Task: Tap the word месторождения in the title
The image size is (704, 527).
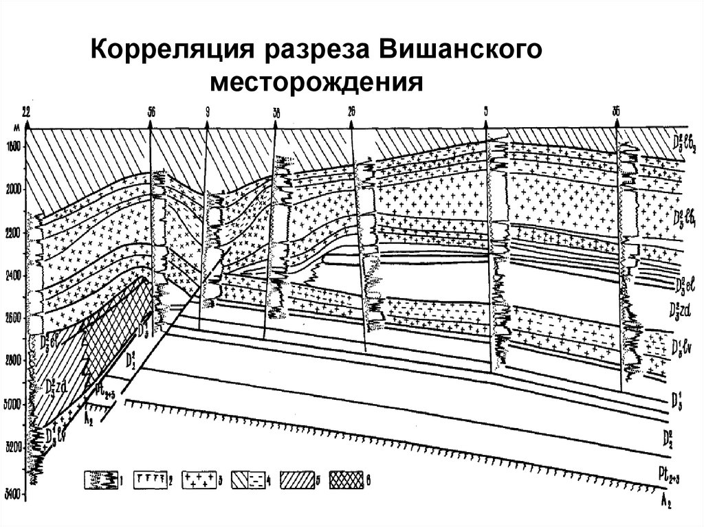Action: click(317, 85)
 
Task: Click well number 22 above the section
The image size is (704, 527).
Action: click(26, 110)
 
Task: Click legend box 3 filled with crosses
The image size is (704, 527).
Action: click(199, 480)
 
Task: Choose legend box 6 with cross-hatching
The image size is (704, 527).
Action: click(347, 480)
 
